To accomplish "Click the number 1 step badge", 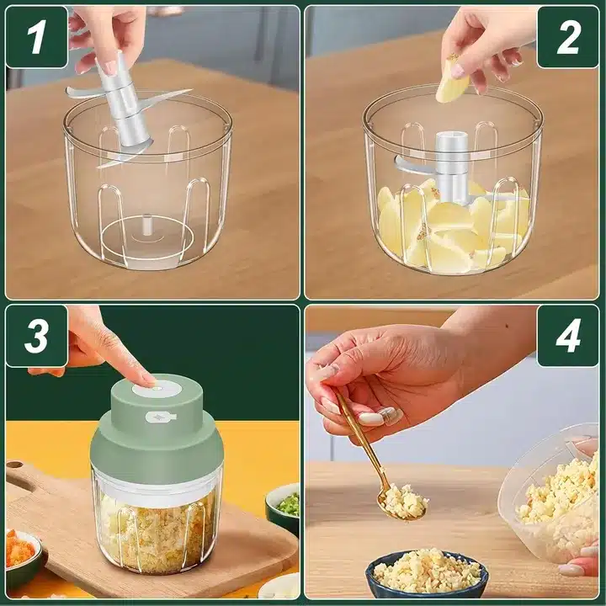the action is tap(37, 38).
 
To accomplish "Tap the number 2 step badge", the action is tap(568, 38).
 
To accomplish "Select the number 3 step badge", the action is tap(37, 336).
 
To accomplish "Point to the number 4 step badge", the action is tap(568, 336).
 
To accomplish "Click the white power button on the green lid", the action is tap(157, 387).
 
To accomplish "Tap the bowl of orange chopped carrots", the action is tap(21, 556).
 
